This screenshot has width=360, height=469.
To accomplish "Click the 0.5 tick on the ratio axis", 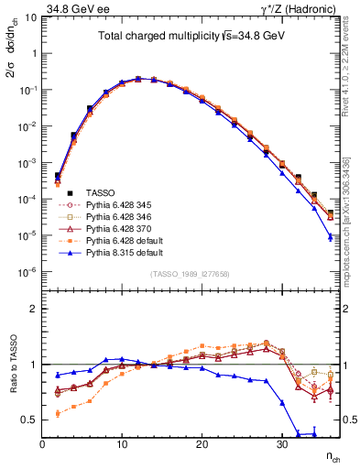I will [30, 420].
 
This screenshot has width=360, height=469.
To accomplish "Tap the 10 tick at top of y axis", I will [30, 16].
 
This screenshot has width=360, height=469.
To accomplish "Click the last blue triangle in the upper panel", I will [331, 237].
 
